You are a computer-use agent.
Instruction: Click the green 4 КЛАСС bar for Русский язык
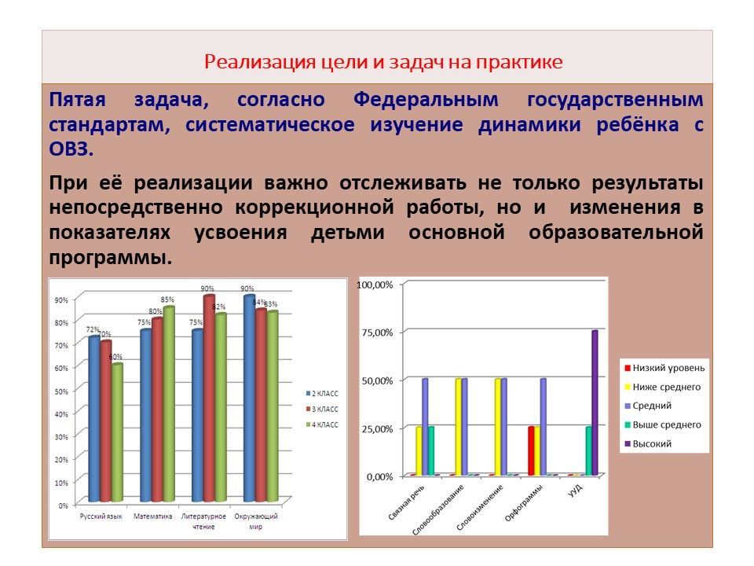point(117,432)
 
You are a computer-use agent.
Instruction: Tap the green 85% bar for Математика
point(169,404)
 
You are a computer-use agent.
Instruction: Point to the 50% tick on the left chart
point(60,391)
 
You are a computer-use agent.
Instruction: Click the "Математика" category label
point(152,516)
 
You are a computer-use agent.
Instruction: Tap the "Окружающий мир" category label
point(257,521)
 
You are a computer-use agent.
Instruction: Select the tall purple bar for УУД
point(595,402)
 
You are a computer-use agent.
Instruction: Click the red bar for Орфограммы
point(531,451)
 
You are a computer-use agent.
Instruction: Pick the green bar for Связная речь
point(431,451)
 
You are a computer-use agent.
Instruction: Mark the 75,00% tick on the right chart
point(375,333)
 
